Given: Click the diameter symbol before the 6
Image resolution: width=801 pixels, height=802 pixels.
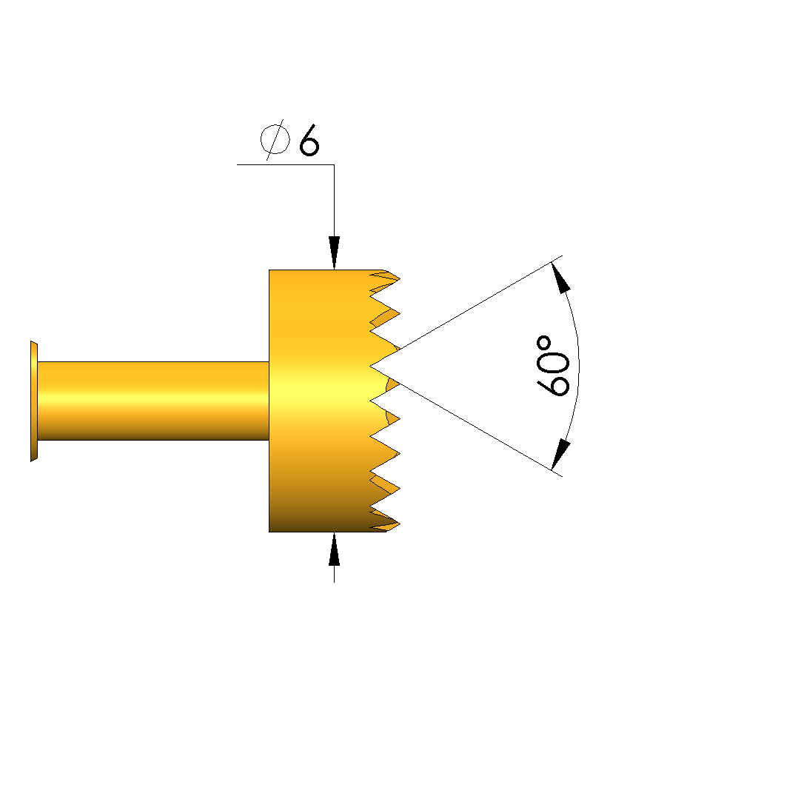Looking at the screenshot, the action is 275,140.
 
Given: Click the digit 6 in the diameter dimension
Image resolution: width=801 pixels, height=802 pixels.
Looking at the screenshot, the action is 309,140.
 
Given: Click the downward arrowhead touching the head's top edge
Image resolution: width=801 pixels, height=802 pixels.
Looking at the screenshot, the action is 335,253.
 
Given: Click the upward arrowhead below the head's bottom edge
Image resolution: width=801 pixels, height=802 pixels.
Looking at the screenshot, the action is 335,549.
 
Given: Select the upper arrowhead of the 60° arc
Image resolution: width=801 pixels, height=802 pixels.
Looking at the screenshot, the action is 560,277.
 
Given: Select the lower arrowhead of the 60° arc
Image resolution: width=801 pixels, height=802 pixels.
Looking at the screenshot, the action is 560,454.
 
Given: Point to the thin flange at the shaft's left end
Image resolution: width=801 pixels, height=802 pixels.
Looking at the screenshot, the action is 34,401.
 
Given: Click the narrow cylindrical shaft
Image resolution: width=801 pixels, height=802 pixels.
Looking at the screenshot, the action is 153,401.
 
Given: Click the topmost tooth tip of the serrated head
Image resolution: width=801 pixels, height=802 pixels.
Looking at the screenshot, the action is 400,278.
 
